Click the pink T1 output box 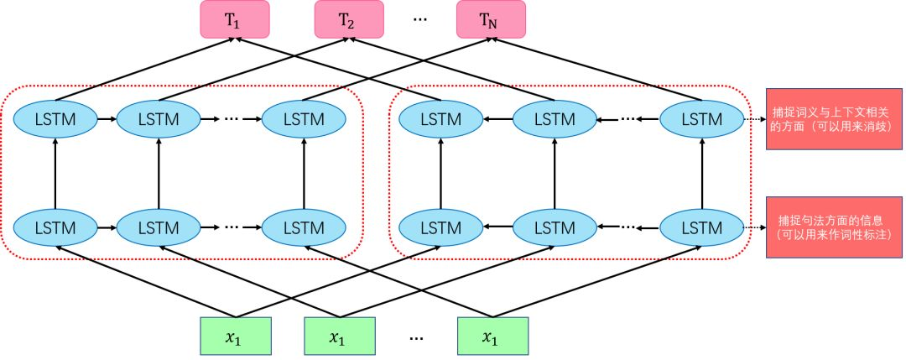tap(234, 19)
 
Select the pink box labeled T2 tap(348, 19)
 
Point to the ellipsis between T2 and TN tap(421, 19)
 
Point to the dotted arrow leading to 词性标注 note tap(755, 227)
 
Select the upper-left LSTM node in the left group tap(55, 120)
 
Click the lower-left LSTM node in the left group tap(55, 227)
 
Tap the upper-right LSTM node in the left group tap(304, 120)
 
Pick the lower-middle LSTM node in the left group tap(159, 227)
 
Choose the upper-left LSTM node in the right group tap(440, 120)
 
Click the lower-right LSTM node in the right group tap(701, 227)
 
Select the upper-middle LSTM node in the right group tap(554, 120)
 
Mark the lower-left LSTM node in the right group tap(440, 227)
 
